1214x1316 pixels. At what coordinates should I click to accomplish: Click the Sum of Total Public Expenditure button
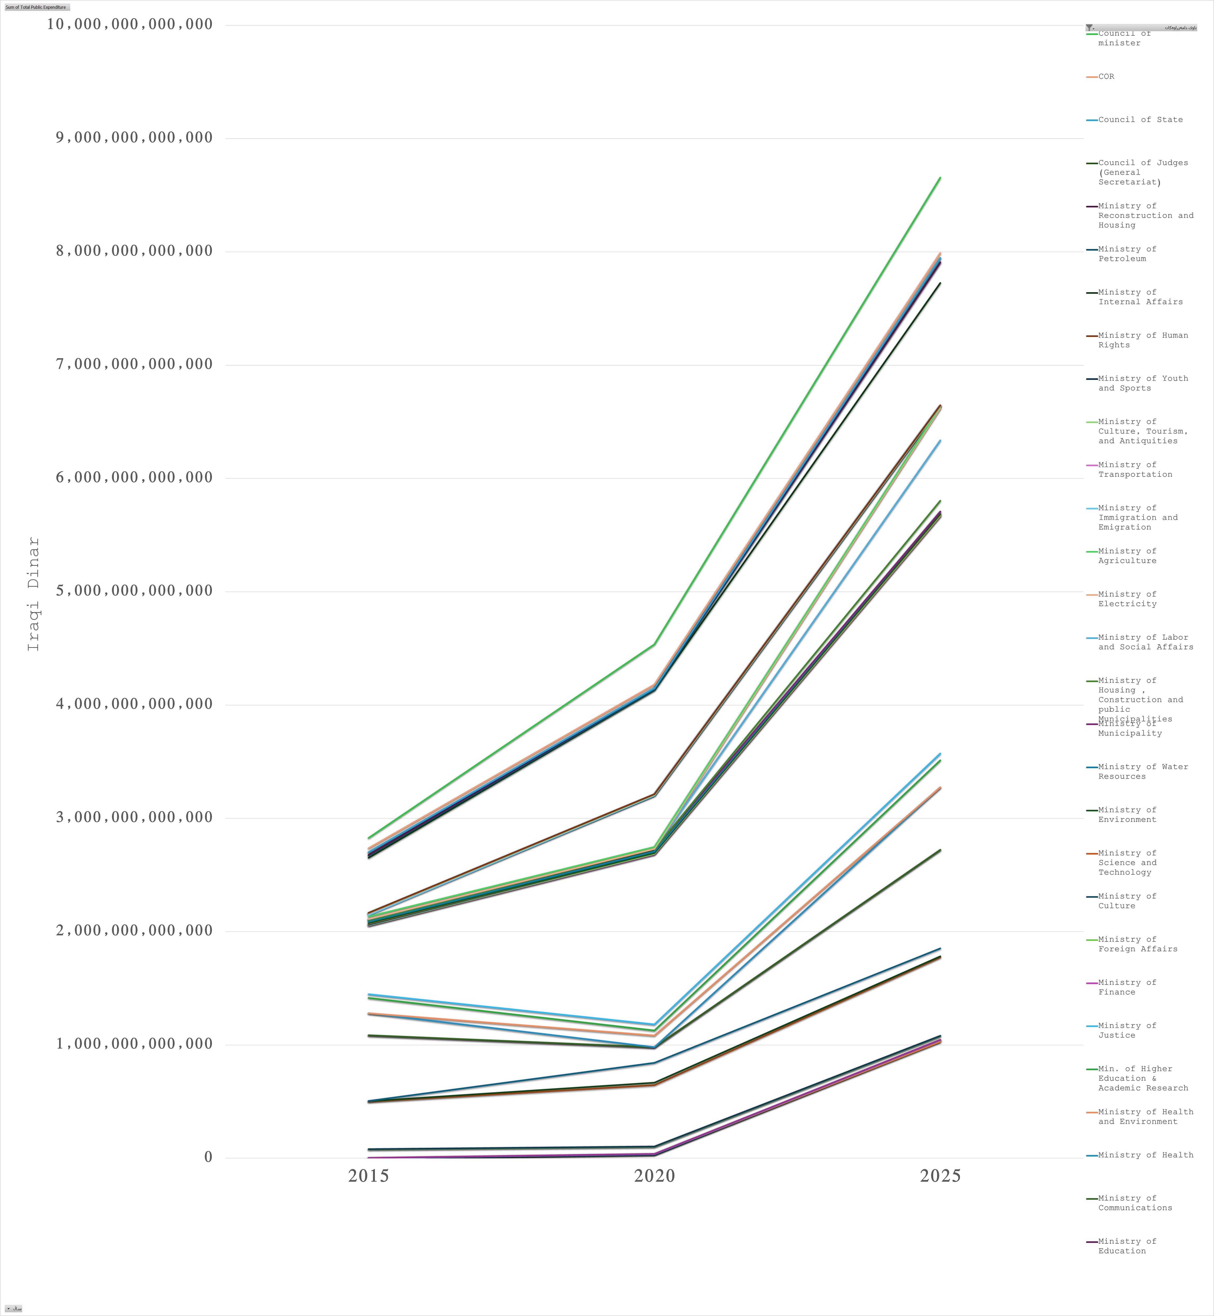[36, 7]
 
